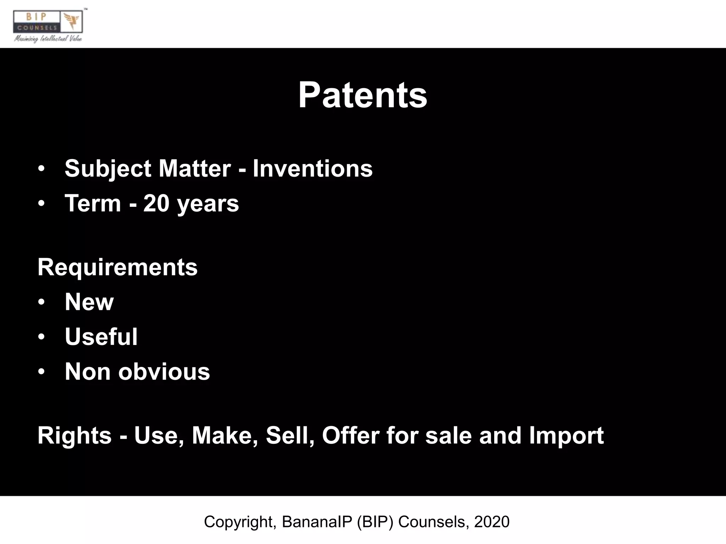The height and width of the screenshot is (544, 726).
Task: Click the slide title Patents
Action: tap(363, 95)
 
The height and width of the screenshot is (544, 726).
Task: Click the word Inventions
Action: tap(312, 168)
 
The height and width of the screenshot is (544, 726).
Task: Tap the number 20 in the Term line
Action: tap(156, 203)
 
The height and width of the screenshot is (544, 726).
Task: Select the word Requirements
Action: tap(117, 267)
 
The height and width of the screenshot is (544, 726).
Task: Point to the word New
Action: tap(89, 302)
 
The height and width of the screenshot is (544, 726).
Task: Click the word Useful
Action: tap(101, 337)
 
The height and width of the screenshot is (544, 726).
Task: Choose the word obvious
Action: tap(164, 372)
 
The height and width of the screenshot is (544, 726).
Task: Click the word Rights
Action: tap(74, 435)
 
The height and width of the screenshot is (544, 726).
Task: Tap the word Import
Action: tap(566, 435)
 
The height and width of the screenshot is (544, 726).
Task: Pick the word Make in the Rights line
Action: tap(224, 435)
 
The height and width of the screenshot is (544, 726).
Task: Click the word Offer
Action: tap(351, 435)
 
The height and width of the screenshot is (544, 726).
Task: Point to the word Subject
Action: tap(108, 169)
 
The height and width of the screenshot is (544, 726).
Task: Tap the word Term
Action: tap(93, 203)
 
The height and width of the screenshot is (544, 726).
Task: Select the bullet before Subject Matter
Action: tap(41, 168)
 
